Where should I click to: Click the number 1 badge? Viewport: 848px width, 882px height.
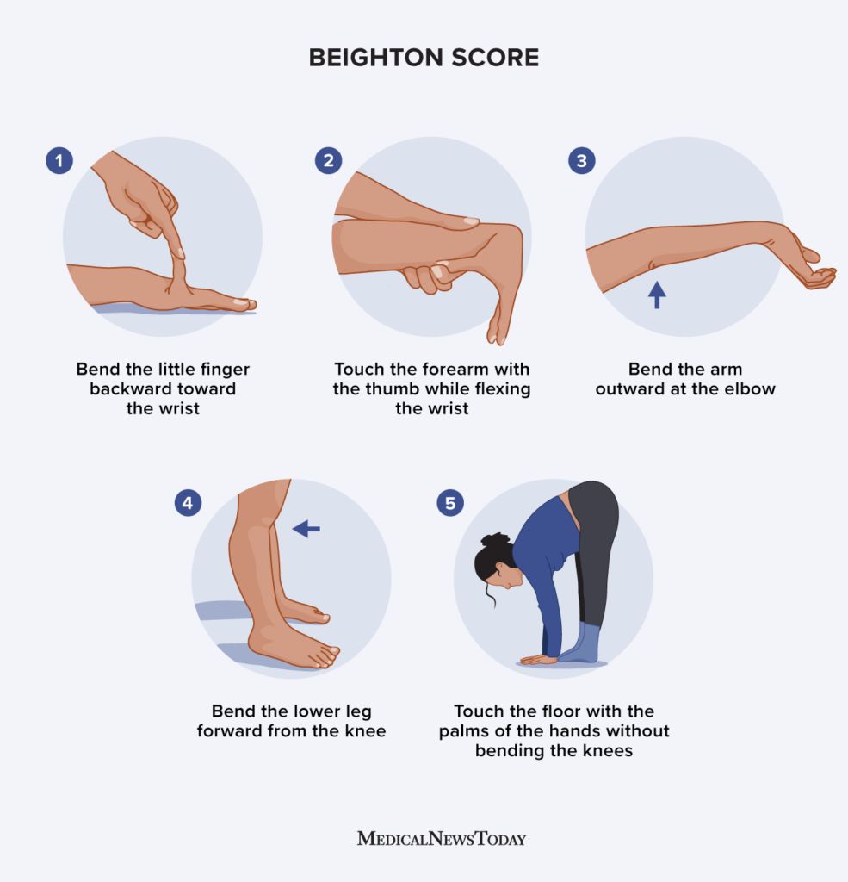coord(59,161)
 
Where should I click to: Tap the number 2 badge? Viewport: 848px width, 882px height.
coord(328,161)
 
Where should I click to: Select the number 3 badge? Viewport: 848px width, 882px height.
coord(582,161)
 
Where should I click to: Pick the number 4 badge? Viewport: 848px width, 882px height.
coord(188,503)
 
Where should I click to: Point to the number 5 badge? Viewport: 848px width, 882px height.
coord(450,503)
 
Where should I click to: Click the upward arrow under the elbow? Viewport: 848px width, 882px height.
coord(657,295)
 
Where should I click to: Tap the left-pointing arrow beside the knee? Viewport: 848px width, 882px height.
coord(306,529)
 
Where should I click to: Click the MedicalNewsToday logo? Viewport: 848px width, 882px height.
coord(442,839)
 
